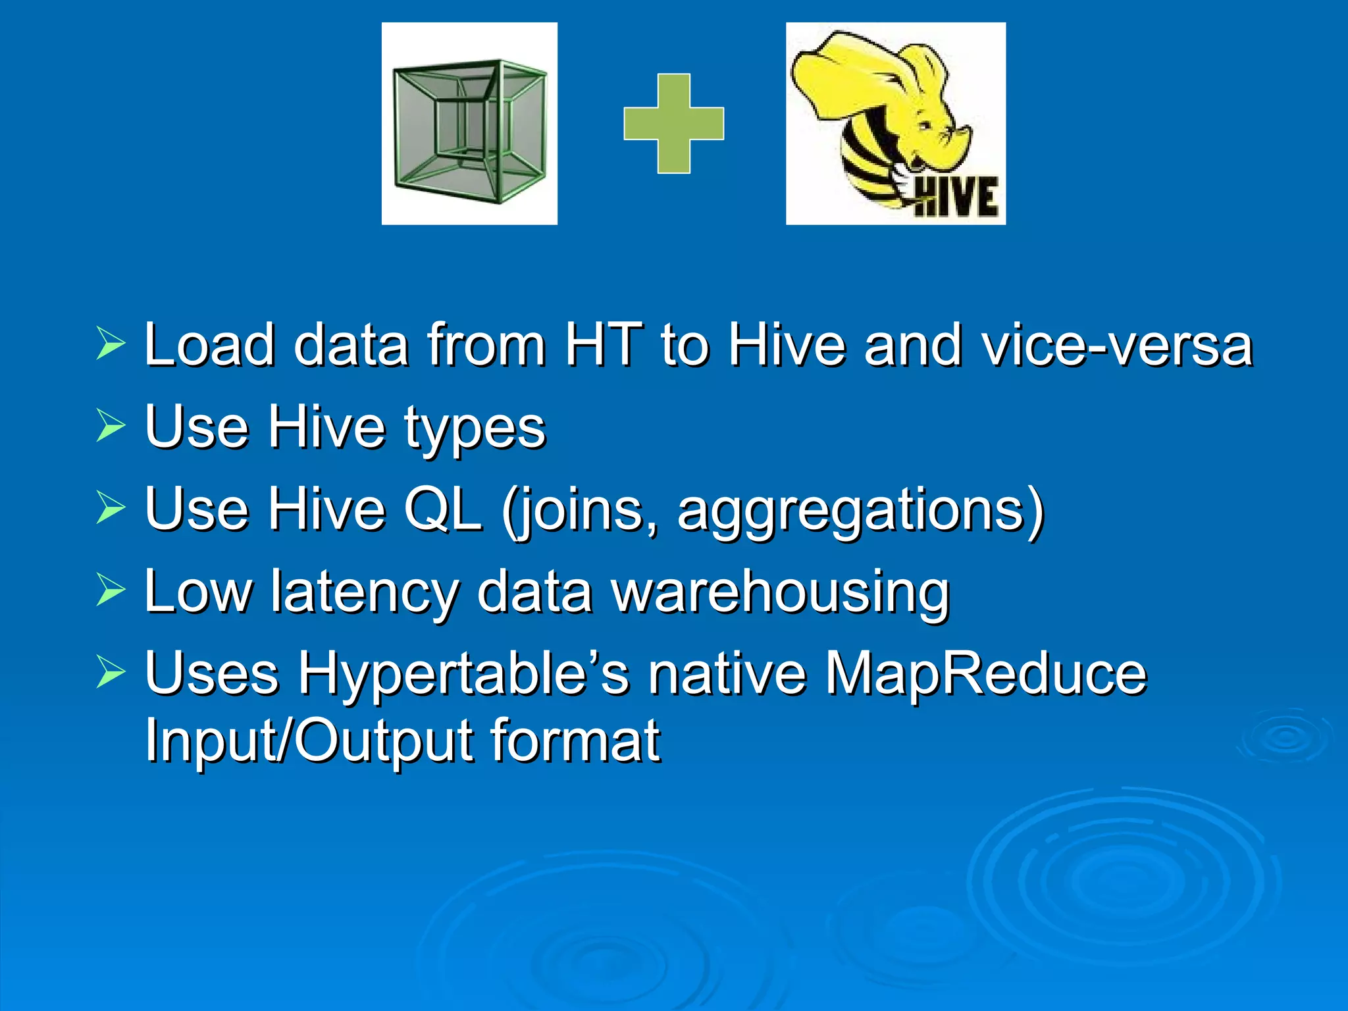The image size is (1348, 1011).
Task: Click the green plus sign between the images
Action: [x=673, y=123]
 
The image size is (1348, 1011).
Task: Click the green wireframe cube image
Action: [x=469, y=124]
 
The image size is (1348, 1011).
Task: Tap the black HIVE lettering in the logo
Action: [x=958, y=197]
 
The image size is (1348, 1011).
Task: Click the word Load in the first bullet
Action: [x=209, y=345]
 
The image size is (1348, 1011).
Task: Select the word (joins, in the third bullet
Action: [x=579, y=511]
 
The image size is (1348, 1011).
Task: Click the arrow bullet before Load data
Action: [x=110, y=344]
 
